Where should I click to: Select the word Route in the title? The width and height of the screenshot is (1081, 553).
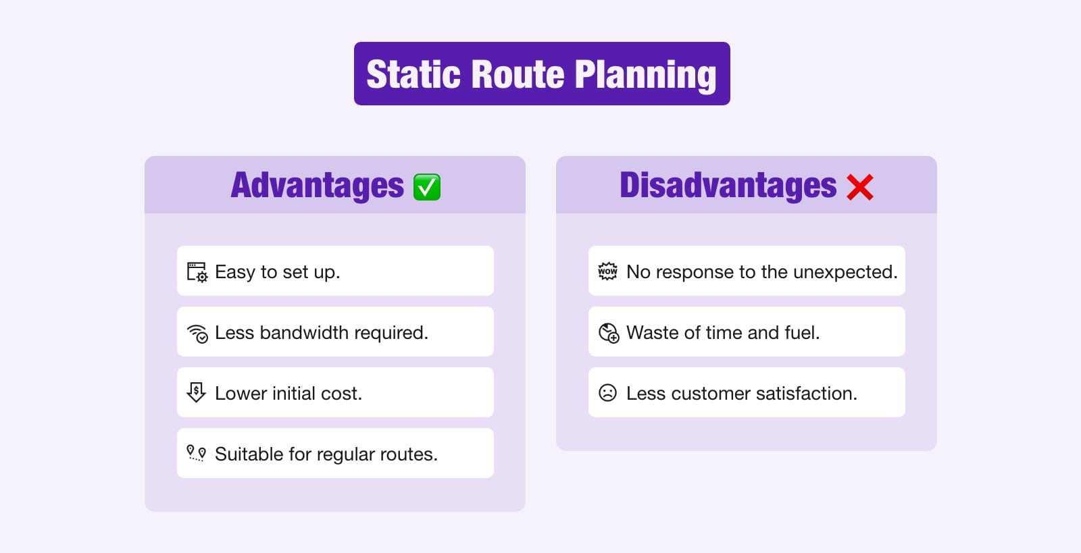tap(517, 74)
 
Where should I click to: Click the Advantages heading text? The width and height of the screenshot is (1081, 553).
tap(317, 186)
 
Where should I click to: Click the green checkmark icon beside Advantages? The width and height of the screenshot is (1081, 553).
tap(427, 187)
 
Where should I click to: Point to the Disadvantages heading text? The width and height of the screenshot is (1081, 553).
tap(728, 186)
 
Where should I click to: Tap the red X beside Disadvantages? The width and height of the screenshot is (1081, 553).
tap(859, 187)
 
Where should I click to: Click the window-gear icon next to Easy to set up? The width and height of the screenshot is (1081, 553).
tap(197, 272)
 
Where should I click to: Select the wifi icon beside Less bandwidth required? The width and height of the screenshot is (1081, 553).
tap(197, 333)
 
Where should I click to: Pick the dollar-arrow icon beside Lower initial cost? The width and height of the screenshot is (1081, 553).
tap(196, 392)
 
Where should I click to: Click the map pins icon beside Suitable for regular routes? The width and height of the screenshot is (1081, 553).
tap(196, 453)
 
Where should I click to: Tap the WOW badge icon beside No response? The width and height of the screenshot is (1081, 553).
tap(607, 271)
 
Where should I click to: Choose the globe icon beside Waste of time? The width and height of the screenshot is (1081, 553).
tap(608, 333)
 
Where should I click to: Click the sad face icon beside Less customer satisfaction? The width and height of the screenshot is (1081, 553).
tap(607, 393)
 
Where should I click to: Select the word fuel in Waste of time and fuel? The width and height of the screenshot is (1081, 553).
tap(801, 333)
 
